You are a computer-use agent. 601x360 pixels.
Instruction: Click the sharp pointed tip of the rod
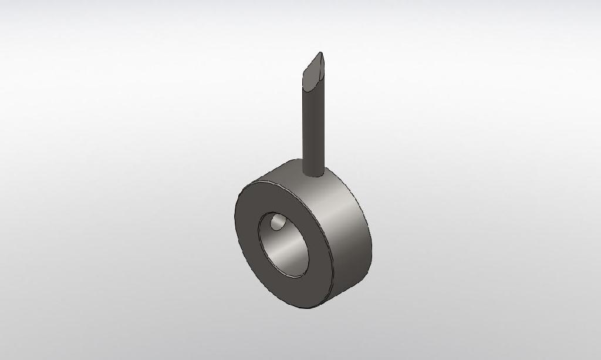tap(320, 53)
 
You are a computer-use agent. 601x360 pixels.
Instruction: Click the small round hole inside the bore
tap(277, 224)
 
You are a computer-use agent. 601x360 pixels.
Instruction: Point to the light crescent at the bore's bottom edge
tap(296, 274)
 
